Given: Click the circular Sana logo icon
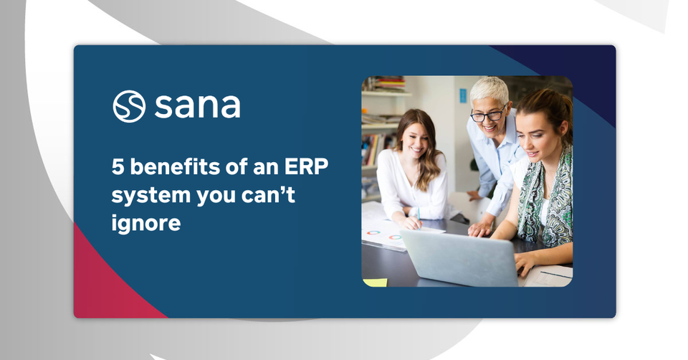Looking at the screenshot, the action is pos(129,106).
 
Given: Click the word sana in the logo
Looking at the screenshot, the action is pos(198,106).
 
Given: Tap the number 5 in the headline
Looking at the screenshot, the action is pos(118,167).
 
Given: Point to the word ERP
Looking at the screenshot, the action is pos(306,167).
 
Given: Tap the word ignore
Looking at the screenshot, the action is pos(146,223).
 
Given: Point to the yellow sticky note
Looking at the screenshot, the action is pos(375,283).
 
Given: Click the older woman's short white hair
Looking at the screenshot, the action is pos(489,90).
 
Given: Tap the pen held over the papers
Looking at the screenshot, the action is pos(419,218).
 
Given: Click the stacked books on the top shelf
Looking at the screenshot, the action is pos(388,83).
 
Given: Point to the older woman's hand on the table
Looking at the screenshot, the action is pos(480,228).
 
